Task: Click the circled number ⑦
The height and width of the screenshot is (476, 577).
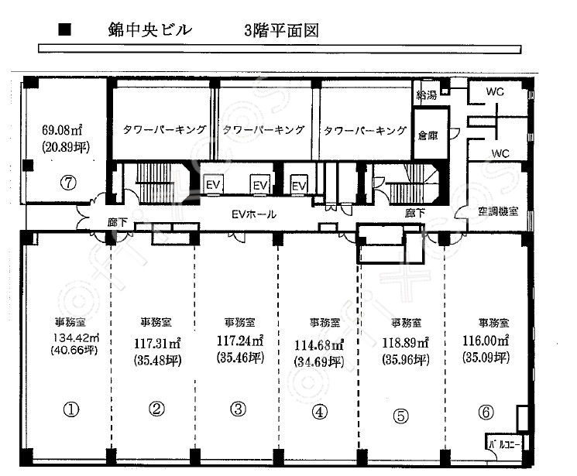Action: [68, 183]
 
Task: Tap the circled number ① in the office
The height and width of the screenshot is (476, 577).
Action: [71, 409]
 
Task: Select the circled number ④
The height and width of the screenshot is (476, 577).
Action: [319, 412]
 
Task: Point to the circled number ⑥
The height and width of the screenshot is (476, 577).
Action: [486, 412]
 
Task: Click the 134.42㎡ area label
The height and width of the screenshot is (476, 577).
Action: [76, 337]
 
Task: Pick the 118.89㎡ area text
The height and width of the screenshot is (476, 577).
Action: [405, 343]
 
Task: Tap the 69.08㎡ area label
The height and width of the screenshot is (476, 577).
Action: [62, 130]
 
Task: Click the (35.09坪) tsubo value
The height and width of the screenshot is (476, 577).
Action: [486, 357]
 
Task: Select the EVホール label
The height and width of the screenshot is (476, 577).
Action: [254, 214]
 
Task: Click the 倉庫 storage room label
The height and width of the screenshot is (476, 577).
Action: [428, 135]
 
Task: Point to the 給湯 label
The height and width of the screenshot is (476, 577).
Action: [427, 95]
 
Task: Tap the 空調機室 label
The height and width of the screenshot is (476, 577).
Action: [498, 211]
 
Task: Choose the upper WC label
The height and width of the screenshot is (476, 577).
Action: [495, 91]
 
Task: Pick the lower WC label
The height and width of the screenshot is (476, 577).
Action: [500, 153]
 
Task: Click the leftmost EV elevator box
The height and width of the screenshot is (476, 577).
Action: [213, 183]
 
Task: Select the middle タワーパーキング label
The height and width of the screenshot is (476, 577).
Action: [263, 129]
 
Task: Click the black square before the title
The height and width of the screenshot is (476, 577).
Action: [64, 29]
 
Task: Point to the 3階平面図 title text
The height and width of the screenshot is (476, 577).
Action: [281, 30]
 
